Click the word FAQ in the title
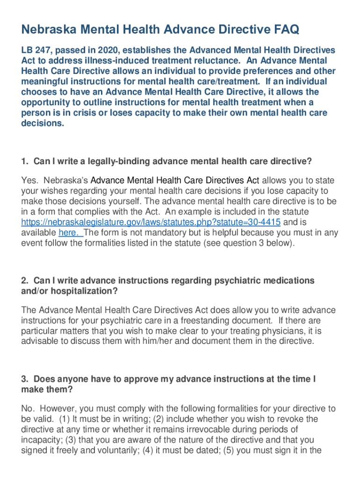click(x=282, y=30)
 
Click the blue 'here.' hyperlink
click(x=71, y=232)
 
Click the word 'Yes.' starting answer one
click(x=29, y=181)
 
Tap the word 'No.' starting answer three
click(x=28, y=409)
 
